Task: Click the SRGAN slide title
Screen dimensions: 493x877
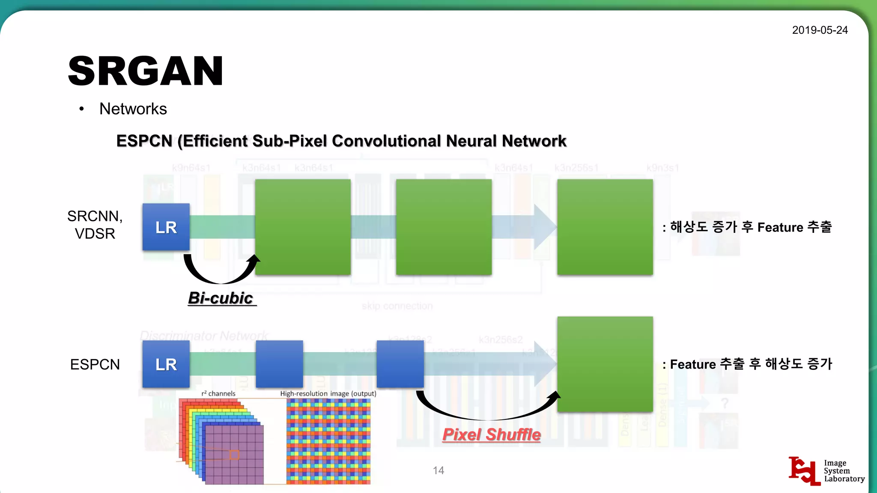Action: coord(146,71)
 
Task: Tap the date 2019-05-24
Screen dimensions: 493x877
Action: coord(820,30)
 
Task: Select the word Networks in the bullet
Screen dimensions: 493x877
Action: coord(133,109)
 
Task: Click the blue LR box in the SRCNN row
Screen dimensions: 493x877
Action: coord(166,227)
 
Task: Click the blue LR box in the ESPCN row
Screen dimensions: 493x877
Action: coord(166,364)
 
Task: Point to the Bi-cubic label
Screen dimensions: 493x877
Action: coord(221,298)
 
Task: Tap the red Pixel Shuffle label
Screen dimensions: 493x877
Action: coord(492,435)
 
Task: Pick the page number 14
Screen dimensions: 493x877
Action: coord(438,470)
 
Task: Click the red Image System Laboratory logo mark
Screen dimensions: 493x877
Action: coord(804,471)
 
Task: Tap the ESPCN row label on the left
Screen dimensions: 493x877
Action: coord(95,365)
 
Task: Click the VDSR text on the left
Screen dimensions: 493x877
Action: coord(95,234)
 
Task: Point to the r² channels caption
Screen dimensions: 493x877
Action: coord(218,394)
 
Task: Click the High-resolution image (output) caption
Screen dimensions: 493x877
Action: coord(328,394)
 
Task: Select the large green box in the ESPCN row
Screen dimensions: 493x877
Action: coord(605,364)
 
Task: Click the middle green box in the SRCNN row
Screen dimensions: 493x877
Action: coord(444,227)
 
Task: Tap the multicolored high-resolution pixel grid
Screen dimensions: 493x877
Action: coord(328,441)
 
